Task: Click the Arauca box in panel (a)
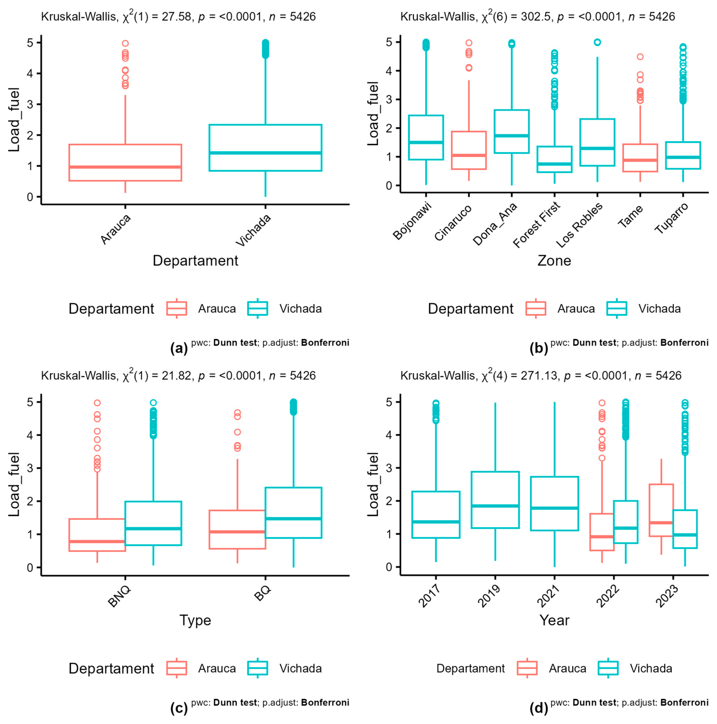(x=125, y=162)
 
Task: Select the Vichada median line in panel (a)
(x=265, y=153)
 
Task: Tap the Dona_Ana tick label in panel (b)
(x=495, y=224)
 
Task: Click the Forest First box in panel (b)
(x=554, y=159)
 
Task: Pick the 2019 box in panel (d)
(x=495, y=500)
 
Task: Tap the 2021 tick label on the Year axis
(x=548, y=596)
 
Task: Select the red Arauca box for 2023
(x=661, y=510)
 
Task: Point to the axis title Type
(x=195, y=620)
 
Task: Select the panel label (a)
(x=179, y=348)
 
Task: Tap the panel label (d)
(x=538, y=708)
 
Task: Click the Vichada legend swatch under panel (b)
(x=617, y=308)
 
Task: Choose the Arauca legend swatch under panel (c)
(x=176, y=668)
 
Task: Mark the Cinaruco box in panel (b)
(x=469, y=150)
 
